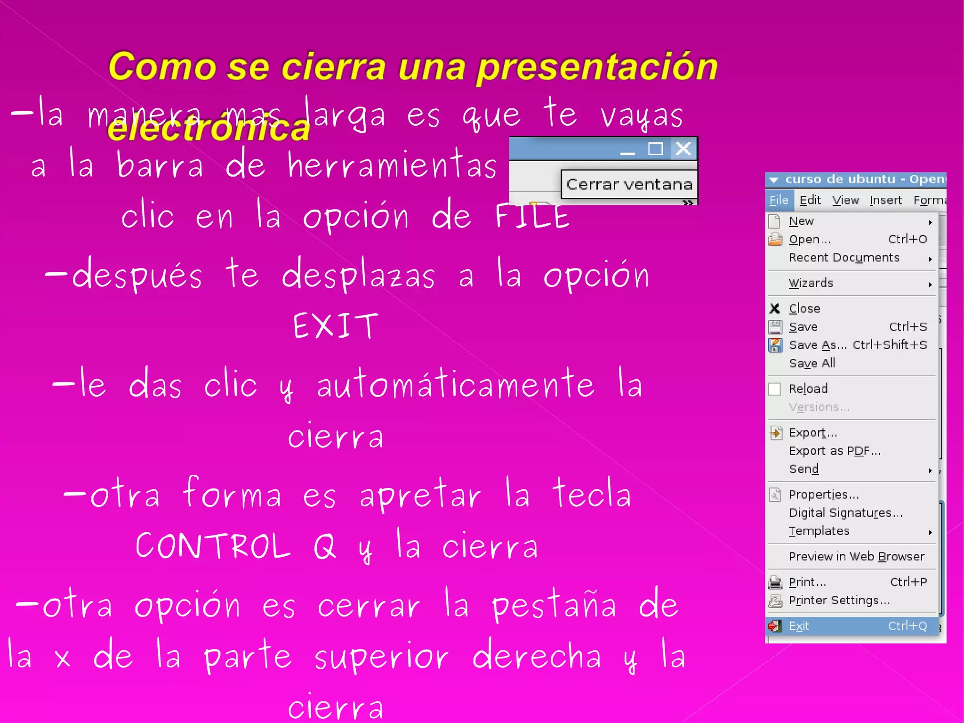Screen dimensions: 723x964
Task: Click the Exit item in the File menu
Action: (799, 626)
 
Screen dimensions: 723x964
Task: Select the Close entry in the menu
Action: (804, 309)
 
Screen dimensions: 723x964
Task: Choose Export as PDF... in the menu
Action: (835, 451)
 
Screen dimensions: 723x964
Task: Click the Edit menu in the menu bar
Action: (810, 200)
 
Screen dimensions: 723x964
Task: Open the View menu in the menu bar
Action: (845, 200)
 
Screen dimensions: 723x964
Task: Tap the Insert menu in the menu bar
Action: (885, 200)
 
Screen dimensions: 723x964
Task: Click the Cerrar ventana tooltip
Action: (629, 184)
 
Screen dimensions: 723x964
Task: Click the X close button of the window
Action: (683, 149)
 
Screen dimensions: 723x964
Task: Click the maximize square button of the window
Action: (655, 149)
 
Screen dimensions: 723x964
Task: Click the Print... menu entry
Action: (807, 582)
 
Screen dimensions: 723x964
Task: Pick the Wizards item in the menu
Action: (811, 283)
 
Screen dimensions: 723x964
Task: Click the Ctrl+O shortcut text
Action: (907, 239)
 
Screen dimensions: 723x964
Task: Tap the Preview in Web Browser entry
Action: (856, 556)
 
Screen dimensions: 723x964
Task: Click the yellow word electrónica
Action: (209, 128)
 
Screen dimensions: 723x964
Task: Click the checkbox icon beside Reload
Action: (774, 389)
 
